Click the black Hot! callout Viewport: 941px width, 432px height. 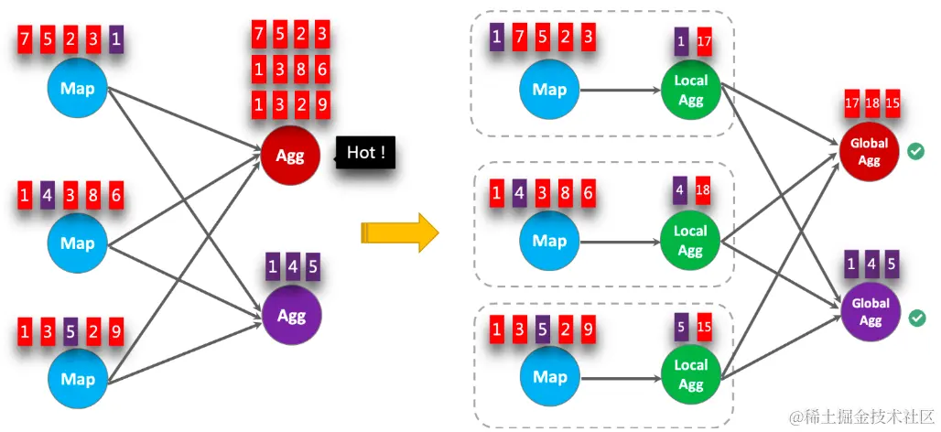[x=366, y=153]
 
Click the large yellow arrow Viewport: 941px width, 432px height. [x=400, y=232]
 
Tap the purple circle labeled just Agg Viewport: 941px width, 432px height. [x=292, y=316]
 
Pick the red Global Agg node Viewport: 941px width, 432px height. [x=869, y=151]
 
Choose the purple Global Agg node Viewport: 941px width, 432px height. [x=870, y=311]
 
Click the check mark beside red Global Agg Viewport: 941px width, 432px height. [x=915, y=151]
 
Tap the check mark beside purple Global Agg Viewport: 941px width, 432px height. [x=916, y=318]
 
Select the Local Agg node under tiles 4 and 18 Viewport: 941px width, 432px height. [x=690, y=240]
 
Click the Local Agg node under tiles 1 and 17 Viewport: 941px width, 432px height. [x=690, y=90]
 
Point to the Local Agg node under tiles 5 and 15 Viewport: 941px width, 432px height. [x=690, y=373]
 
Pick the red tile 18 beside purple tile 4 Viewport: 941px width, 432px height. [x=703, y=189]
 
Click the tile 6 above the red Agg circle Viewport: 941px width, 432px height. [x=322, y=70]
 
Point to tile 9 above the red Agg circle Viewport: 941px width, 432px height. [x=322, y=105]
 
